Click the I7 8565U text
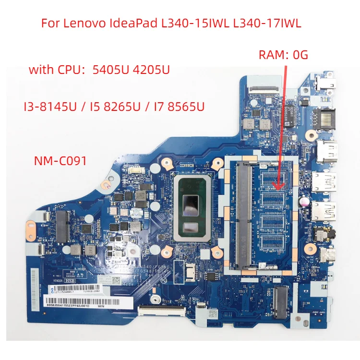[182, 106]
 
